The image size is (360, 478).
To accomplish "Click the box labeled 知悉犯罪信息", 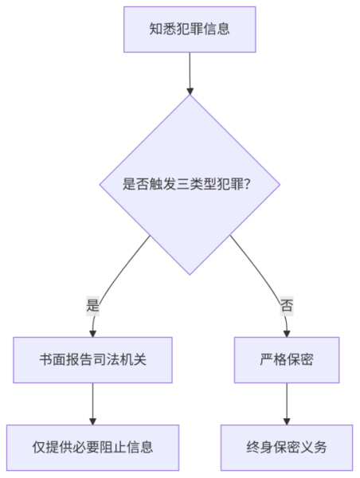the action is [x=190, y=29].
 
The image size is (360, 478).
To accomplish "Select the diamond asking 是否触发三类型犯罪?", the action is [x=190, y=185].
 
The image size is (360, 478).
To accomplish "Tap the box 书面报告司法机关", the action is [x=92, y=360].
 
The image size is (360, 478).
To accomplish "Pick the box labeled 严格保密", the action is [x=287, y=360].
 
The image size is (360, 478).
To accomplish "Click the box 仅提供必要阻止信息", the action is [x=92, y=448].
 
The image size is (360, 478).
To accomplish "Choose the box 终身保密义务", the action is [x=287, y=448].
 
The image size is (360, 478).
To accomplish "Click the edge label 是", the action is [x=92, y=305].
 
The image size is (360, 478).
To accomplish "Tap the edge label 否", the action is [x=287, y=305].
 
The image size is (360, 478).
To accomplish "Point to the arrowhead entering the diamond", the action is [x=190, y=91].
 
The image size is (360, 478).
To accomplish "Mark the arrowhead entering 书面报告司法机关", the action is [x=92, y=334].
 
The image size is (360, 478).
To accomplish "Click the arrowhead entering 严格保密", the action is [x=287, y=334].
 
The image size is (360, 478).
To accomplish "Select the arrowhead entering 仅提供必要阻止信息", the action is [x=92, y=421].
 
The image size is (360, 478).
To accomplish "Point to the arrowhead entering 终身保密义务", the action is [x=287, y=421].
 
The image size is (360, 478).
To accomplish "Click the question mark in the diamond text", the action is [x=247, y=185].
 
